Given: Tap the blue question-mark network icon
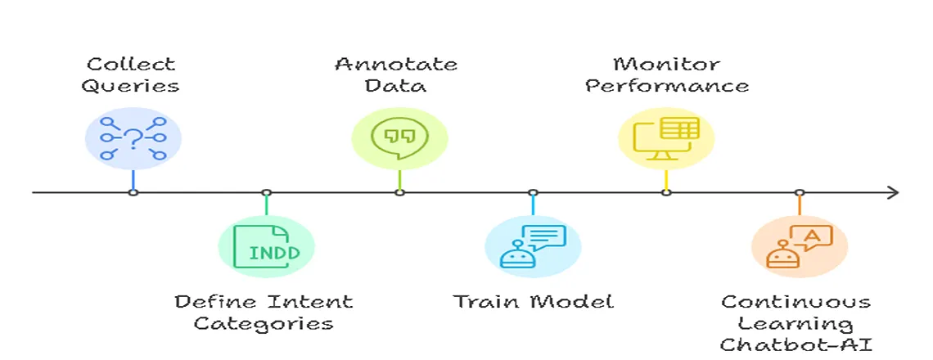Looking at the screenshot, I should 133,138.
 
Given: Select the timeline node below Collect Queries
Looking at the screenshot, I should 133,192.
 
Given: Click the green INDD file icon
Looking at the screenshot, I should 266,247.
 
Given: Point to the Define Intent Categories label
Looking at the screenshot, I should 264,312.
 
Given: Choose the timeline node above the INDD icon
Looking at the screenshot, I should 266,192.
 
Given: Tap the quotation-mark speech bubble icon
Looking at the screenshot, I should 399,138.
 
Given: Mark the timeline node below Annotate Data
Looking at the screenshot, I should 399,192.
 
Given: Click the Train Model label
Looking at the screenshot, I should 534,301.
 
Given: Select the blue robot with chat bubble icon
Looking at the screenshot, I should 533,247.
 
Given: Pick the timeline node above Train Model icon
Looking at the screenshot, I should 533,192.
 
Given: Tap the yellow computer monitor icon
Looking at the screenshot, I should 666,138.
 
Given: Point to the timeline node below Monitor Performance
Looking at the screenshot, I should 666,192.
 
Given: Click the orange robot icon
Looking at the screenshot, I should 800,247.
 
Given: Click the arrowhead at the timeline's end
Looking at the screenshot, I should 894,192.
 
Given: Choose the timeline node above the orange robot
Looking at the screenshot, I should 800,192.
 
